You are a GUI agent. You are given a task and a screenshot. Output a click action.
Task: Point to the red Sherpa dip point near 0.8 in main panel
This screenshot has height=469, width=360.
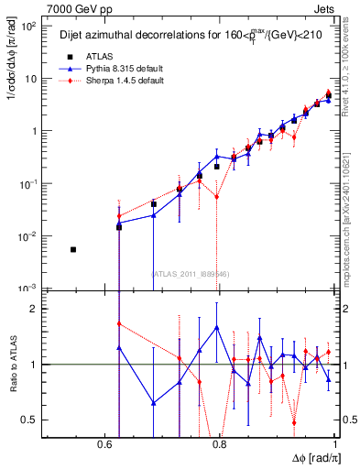pyautogui.click(x=216, y=197)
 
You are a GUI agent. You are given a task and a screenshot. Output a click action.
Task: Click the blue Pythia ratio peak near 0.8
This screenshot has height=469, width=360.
pyautogui.click(x=216, y=327)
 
